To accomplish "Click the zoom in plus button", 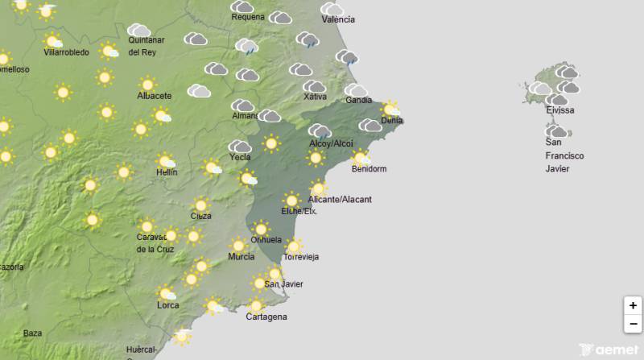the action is pyautogui.click(x=634, y=305).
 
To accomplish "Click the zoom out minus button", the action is pyautogui.click(x=634, y=324).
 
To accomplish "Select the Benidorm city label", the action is pyautogui.click(x=369, y=169).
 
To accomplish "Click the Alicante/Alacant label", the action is pyautogui.click(x=341, y=199).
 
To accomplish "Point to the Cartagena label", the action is pyautogui.click(x=266, y=317).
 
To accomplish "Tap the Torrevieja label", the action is pyautogui.click(x=301, y=257).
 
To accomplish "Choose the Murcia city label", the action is pyautogui.click(x=242, y=257).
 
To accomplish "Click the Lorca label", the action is pyautogui.click(x=168, y=305).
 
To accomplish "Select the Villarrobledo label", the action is pyautogui.click(x=66, y=52).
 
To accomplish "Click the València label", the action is pyautogui.click(x=337, y=19).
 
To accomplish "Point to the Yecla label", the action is pyautogui.click(x=240, y=157).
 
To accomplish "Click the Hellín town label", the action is pyautogui.click(x=167, y=172).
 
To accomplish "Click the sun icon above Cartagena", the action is pyautogui.click(x=256, y=305).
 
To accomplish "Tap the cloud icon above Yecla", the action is pyautogui.click(x=240, y=146).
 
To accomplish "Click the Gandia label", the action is pyautogui.click(x=358, y=101).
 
